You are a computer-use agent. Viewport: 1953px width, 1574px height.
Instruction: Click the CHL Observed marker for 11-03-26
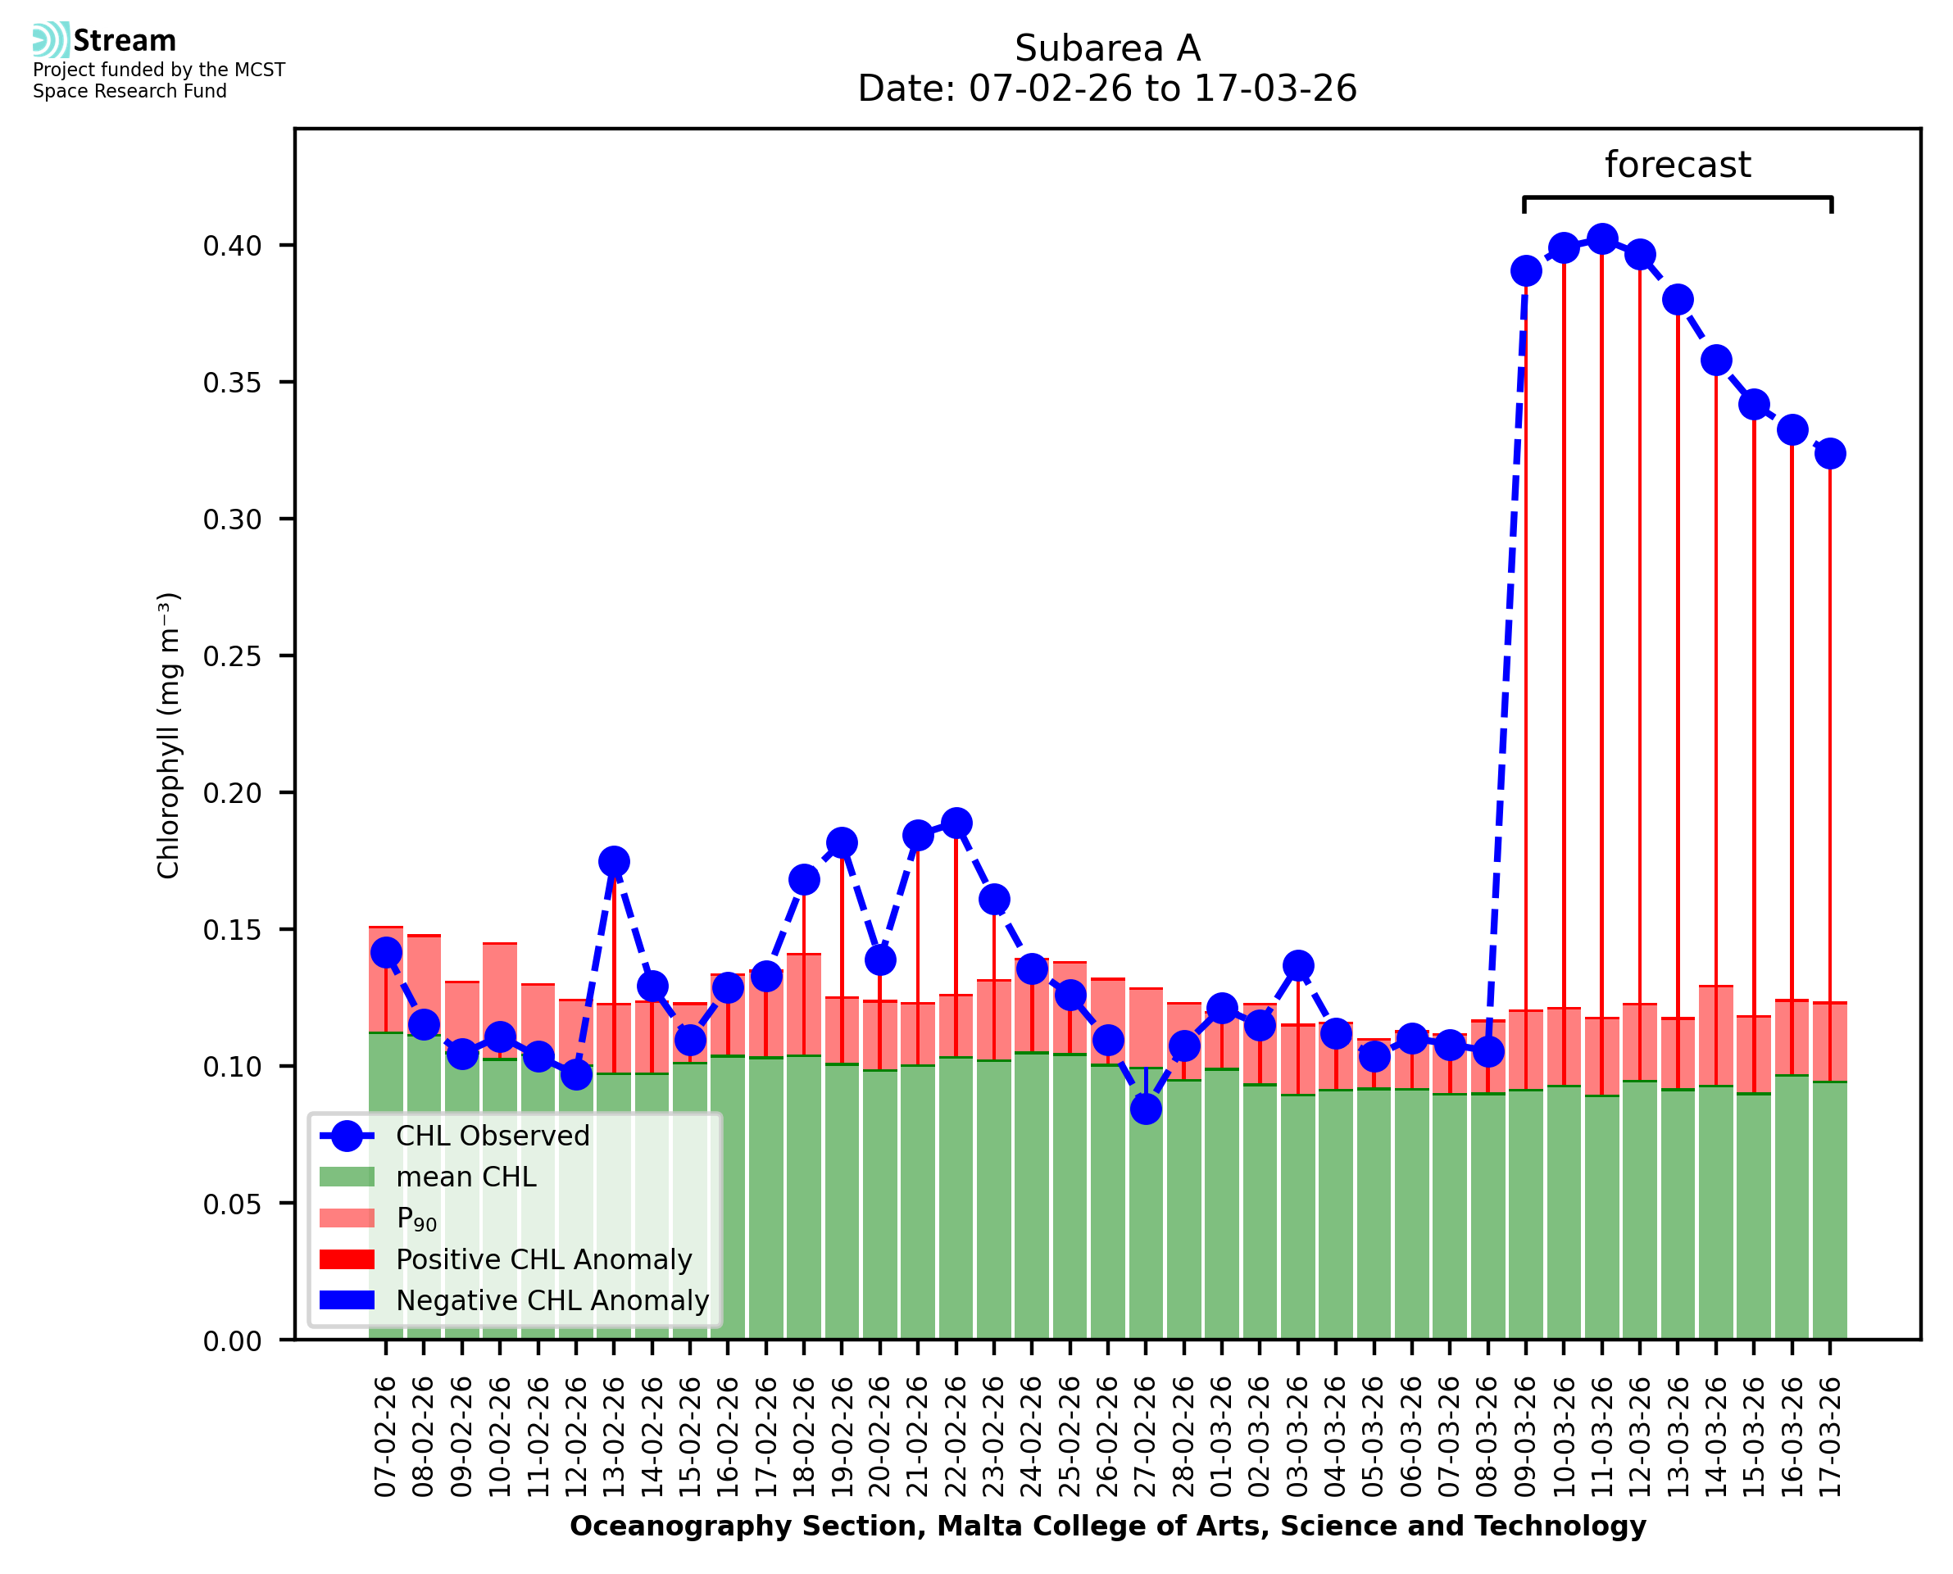tap(1601, 239)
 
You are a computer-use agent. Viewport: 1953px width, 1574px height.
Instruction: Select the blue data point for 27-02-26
tap(1146, 1109)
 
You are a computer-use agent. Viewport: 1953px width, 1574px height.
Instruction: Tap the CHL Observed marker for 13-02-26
tap(614, 861)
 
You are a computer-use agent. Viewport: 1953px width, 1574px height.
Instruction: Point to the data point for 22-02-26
tap(956, 823)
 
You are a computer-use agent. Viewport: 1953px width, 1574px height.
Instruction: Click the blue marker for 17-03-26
tap(1830, 453)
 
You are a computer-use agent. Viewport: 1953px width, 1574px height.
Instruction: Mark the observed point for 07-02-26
tap(386, 952)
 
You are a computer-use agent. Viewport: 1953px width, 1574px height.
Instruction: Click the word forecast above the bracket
tap(1678, 165)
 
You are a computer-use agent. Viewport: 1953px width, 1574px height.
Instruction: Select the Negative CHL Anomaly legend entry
tap(552, 1300)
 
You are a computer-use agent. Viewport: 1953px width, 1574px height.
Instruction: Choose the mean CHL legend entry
tap(466, 1177)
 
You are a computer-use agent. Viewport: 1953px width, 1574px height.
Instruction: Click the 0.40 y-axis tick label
tap(232, 246)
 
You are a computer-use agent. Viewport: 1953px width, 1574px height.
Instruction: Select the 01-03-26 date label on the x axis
tap(1222, 1438)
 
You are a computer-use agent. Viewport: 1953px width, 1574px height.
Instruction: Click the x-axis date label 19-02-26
tap(843, 1438)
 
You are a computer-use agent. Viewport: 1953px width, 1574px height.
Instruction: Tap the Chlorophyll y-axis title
tap(169, 735)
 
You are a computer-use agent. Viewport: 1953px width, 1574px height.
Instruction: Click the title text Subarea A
tap(1107, 48)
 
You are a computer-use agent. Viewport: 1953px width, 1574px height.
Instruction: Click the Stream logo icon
tap(51, 40)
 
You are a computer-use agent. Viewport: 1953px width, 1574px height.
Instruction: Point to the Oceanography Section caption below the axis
tap(1107, 1526)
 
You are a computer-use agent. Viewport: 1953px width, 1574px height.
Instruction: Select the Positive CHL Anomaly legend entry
tap(543, 1259)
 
